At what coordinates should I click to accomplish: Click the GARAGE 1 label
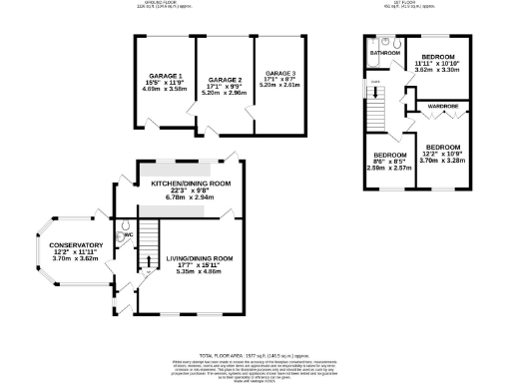167,76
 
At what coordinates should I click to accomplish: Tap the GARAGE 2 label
226,79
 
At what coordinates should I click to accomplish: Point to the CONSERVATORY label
62,245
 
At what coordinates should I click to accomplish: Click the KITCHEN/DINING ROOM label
191,185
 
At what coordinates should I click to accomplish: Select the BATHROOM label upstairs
384,52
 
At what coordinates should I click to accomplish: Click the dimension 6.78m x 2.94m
191,197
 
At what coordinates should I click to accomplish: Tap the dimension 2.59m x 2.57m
390,169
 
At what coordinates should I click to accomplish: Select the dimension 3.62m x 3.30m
437,71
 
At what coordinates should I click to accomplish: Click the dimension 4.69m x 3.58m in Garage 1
167,89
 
